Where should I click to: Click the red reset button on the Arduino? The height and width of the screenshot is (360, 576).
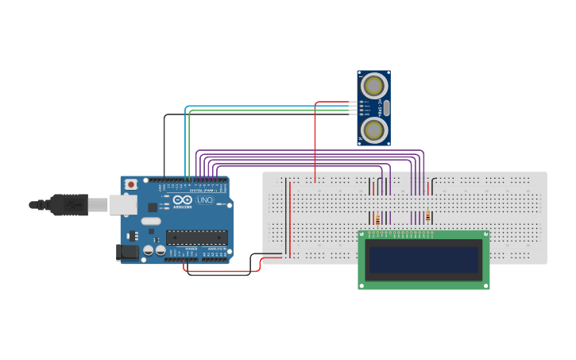click(x=130, y=184)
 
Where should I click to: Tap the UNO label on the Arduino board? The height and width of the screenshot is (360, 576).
click(x=205, y=199)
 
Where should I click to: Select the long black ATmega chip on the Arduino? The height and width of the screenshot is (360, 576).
click(x=196, y=237)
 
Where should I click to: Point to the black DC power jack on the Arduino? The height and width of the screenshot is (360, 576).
click(x=126, y=252)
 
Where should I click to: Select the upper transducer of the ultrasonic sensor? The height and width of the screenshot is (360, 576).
click(x=373, y=86)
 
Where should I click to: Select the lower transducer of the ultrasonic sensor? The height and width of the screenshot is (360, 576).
click(x=373, y=129)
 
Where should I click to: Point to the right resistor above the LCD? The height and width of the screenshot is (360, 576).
click(x=429, y=217)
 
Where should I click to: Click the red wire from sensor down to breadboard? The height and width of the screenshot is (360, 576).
click(x=315, y=143)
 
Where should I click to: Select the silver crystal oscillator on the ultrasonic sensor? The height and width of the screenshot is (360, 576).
click(x=387, y=107)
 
